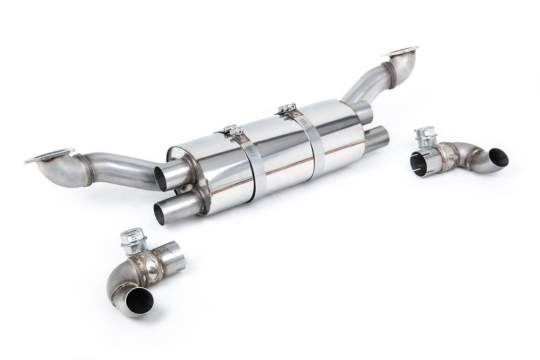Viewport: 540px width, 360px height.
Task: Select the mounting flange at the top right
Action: pyautogui.click(x=400, y=51)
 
